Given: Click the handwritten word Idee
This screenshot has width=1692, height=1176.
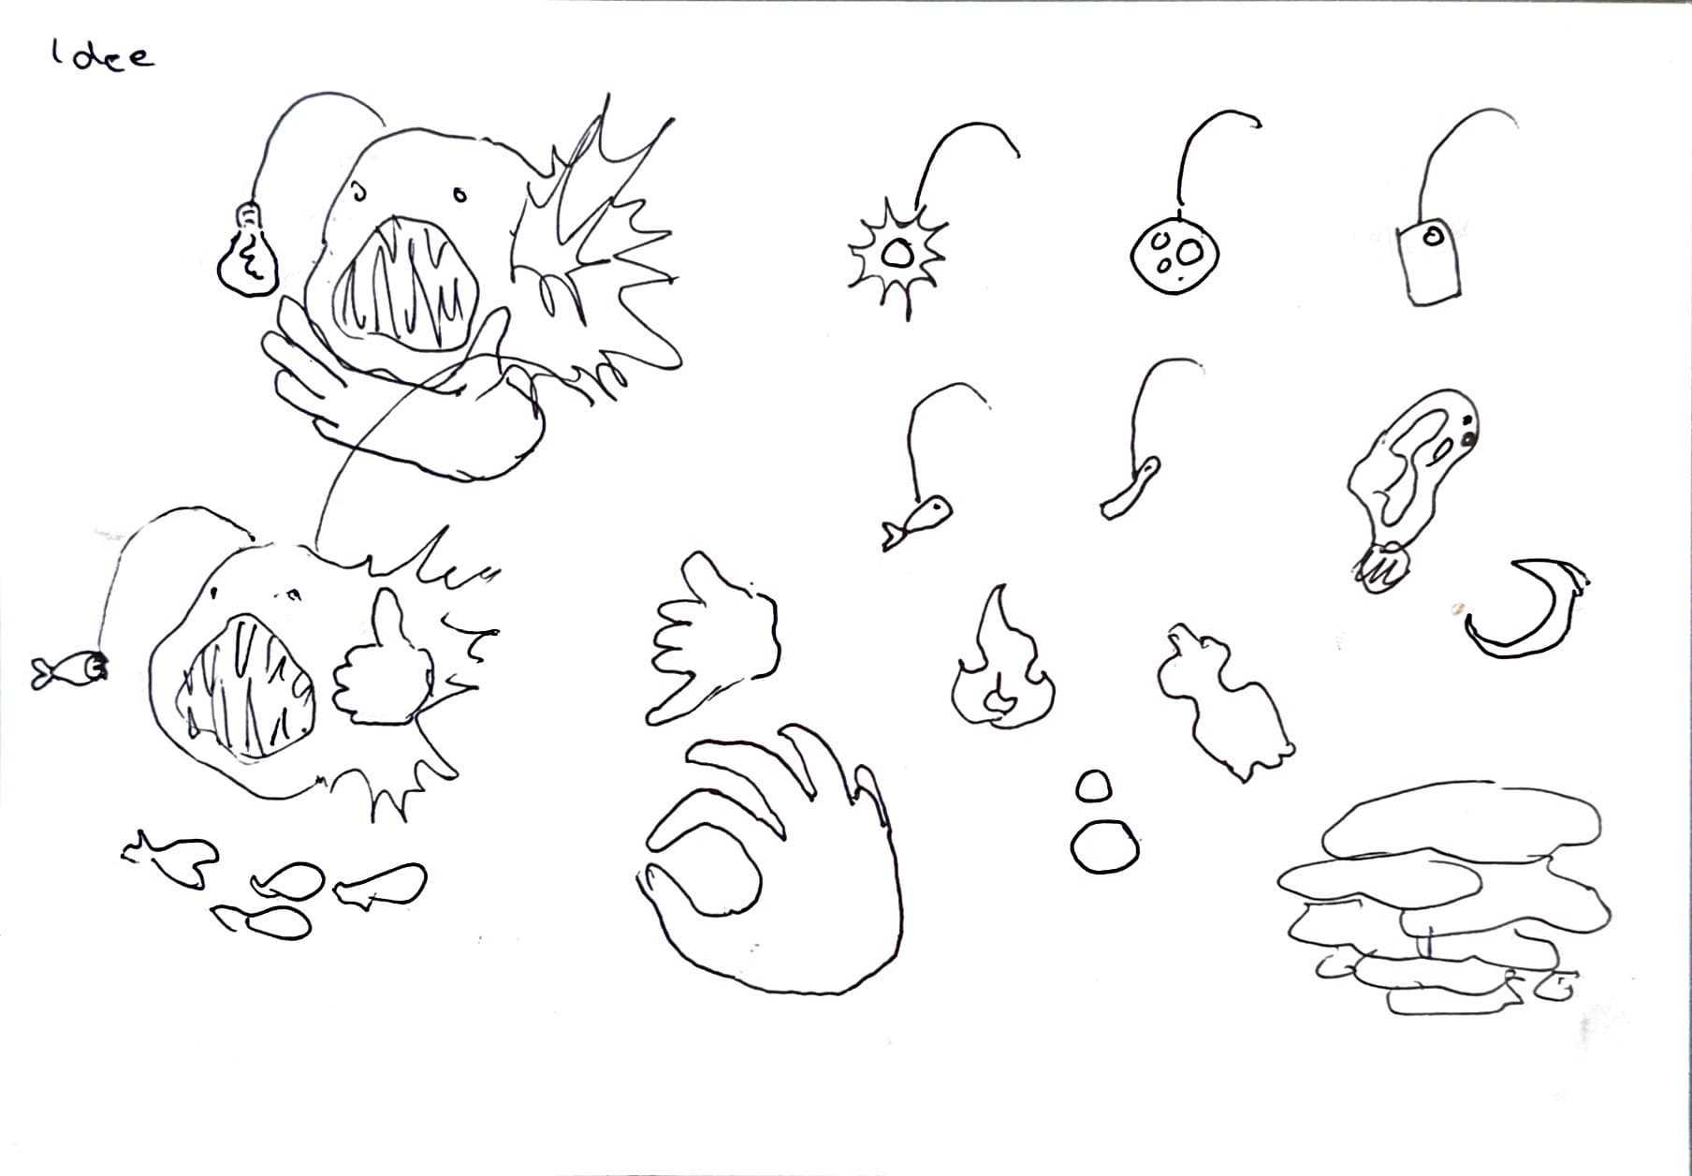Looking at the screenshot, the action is (x=103, y=56).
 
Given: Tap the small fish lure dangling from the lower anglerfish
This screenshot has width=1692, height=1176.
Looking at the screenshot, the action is (x=68, y=669).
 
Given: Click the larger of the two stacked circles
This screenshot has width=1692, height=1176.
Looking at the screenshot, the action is (x=1105, y=848).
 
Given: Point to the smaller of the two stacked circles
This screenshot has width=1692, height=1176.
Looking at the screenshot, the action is (x=1093, y=786).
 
